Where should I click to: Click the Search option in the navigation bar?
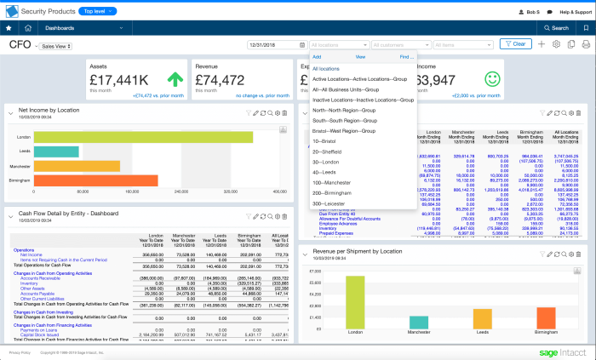pyautogui.click(x=557, y=28)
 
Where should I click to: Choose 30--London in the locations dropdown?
pyautogui.click(x=328, y=162)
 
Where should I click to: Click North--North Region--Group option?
pyautogui.click(x=344, y=110)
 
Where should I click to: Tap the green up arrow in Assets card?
pyautogui.click(x=176, y=80)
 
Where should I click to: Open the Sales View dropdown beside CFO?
pyautogui.click(x=57, y=47)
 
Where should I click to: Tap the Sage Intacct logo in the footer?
pyautogui.click(x=561, y=351)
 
